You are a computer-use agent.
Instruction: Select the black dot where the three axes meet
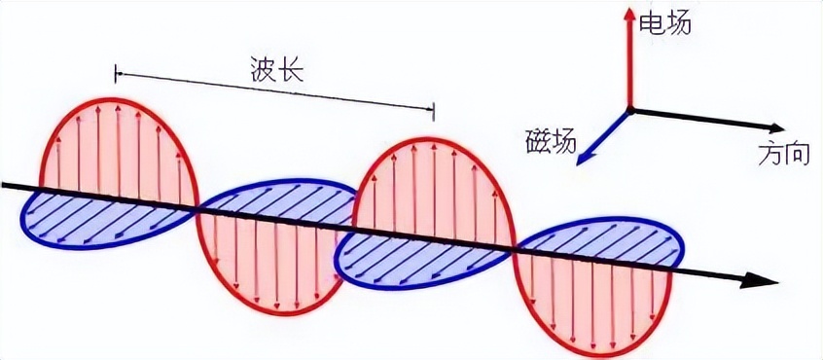(x=629, y=108)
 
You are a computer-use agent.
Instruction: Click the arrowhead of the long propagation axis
(x=769, y=282)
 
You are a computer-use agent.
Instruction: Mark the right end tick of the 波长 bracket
(x=434, y=111)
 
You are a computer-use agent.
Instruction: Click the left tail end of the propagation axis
(x=5, y=183)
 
